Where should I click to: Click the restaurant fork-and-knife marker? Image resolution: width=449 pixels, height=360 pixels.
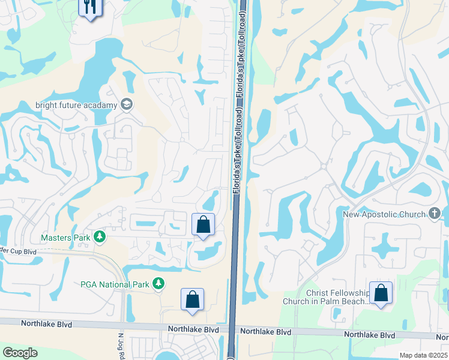(91, 7)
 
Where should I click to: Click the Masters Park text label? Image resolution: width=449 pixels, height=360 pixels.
(65, 238)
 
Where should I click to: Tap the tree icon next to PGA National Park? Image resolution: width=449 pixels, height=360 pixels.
(158, 283)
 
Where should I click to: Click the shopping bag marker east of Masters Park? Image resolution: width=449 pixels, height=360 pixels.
(203, 225)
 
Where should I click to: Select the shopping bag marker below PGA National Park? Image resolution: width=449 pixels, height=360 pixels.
(192, 299)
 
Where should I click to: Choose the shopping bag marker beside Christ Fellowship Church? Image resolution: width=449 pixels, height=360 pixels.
(381, 293)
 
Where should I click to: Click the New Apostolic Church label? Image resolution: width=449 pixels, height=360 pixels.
(385, 214)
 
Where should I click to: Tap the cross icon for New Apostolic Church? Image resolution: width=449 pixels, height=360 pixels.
(435, 214)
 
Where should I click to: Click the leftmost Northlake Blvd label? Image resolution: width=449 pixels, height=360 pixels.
(46, 324)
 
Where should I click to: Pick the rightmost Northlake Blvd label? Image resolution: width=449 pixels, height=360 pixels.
(369, 334)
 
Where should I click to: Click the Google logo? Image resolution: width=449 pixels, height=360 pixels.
(20, 353)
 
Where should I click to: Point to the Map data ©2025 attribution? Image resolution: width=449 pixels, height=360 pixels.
(423, 355)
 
